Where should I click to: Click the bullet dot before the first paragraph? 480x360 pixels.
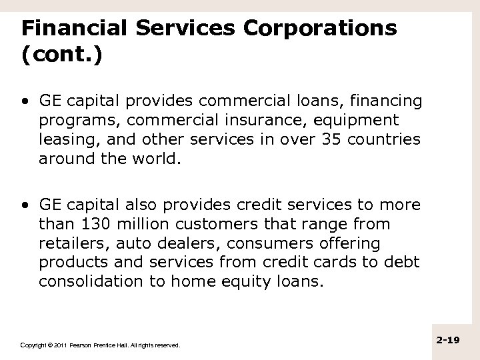pyautogui.click(x=25, y=102)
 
